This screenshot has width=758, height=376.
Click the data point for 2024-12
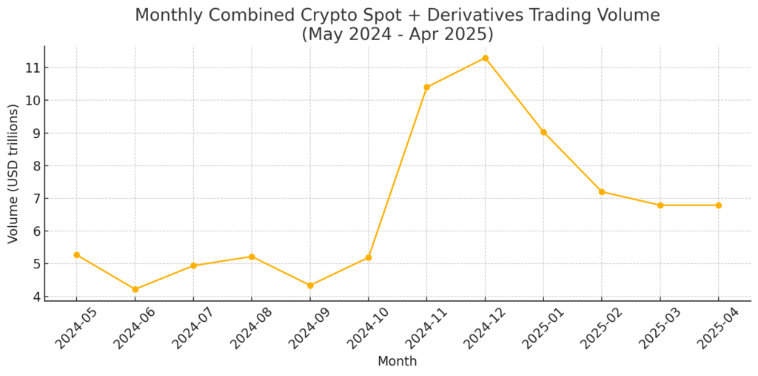coord(485,58)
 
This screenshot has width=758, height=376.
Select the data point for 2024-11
coord(426,88)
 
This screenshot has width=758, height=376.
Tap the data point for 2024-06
coord(135,289)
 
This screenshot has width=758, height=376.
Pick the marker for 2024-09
coord(310,286)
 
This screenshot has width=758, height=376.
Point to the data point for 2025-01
coord(543,132)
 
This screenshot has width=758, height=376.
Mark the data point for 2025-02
coord(602,192)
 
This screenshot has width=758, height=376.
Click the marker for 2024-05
coord(76,255)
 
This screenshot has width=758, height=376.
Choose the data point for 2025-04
coord(718,205)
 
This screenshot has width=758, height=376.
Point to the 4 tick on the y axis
coord(34,297)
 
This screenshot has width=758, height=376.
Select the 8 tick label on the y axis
coord(34,165)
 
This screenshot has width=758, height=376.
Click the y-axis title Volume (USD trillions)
coord(13,174)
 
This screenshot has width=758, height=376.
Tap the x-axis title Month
coord(397,362)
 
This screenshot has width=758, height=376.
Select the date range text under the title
coord(397,34)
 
